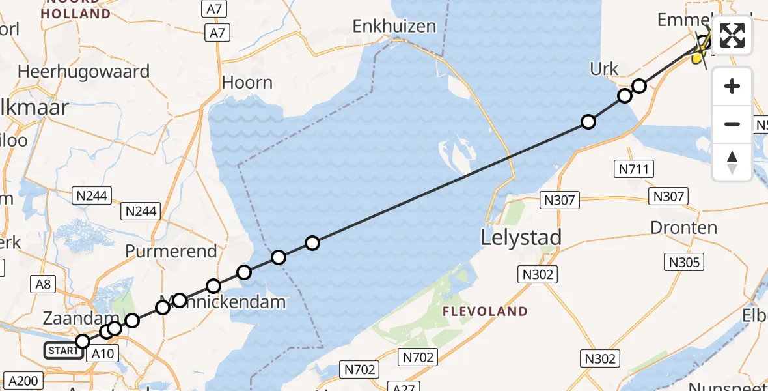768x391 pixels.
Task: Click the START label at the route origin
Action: point(63,351)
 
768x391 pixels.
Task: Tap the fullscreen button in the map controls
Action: point(732,36)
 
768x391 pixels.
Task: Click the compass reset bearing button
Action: point(732,162)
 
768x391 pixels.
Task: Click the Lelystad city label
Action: point(521,237)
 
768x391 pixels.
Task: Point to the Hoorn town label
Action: point(247,83)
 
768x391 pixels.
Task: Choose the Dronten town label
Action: point(684,228)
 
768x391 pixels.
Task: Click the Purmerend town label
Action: point(171,252)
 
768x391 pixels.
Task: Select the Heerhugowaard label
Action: point(85,72)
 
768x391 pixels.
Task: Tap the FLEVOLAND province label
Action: point(486,311)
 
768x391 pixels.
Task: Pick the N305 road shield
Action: point(684,262)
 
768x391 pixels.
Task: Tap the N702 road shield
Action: point(417,356)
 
